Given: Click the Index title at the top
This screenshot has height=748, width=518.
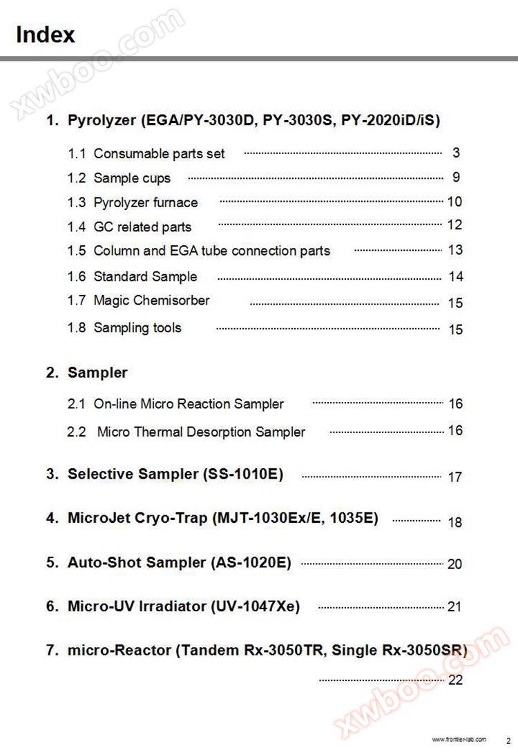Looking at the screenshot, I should (46, 35).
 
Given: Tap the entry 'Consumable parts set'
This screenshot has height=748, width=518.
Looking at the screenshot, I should (159, 153).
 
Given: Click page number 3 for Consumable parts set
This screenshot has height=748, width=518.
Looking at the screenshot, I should (456, 153).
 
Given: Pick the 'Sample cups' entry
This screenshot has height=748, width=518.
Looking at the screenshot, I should (131, 178).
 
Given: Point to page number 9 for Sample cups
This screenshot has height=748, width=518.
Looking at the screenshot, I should (456, 177).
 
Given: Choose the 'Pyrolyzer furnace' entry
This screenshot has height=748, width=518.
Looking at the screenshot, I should (145, 202).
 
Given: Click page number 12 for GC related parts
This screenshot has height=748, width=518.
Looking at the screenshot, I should (454, 224).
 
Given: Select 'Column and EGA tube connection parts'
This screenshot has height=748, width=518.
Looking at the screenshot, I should (211, 251).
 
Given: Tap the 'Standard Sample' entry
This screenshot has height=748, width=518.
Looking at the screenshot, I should (145, 276).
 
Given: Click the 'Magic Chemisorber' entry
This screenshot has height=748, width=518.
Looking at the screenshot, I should (151, 300).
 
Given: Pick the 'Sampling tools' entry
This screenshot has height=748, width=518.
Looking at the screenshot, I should (137, 327).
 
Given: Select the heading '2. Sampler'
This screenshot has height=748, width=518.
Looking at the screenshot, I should (87, 372).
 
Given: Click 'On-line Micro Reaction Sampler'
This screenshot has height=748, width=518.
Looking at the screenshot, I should (189, 403).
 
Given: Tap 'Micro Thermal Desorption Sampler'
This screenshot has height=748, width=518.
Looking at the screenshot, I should (201, 432).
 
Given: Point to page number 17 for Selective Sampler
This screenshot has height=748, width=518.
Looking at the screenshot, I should (454, 477).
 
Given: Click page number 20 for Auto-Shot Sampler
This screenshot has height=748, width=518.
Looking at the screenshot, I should (454, 564).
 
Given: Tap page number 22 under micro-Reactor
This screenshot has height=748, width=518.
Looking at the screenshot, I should (455, 680).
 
